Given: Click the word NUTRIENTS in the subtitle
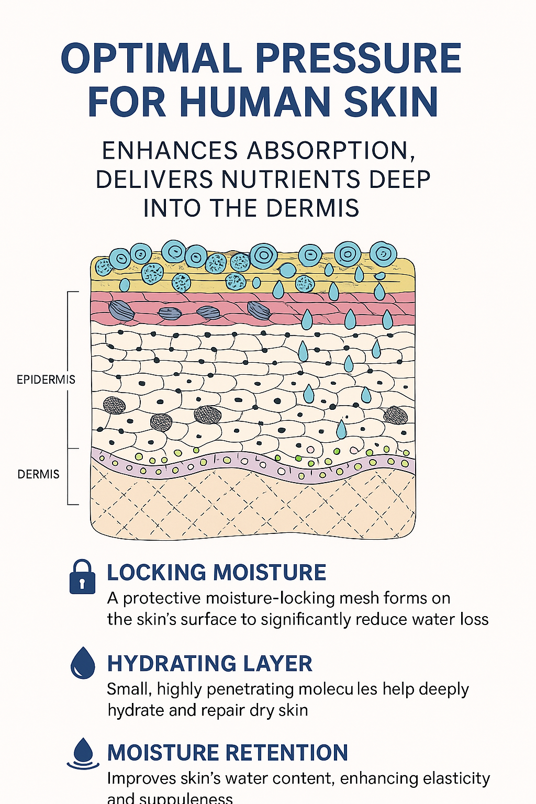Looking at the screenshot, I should coord(291,180).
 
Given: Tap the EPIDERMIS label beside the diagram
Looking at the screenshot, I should coord(46,379).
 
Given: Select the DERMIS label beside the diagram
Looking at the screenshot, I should coord(39,474).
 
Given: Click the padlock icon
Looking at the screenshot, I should coord(82,577).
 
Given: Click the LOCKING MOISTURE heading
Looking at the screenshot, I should coord(217,573).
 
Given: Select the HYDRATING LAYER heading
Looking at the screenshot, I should coord(209,664).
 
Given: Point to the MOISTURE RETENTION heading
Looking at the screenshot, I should coord(228,753).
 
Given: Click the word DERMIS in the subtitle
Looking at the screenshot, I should coord(312,208).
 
